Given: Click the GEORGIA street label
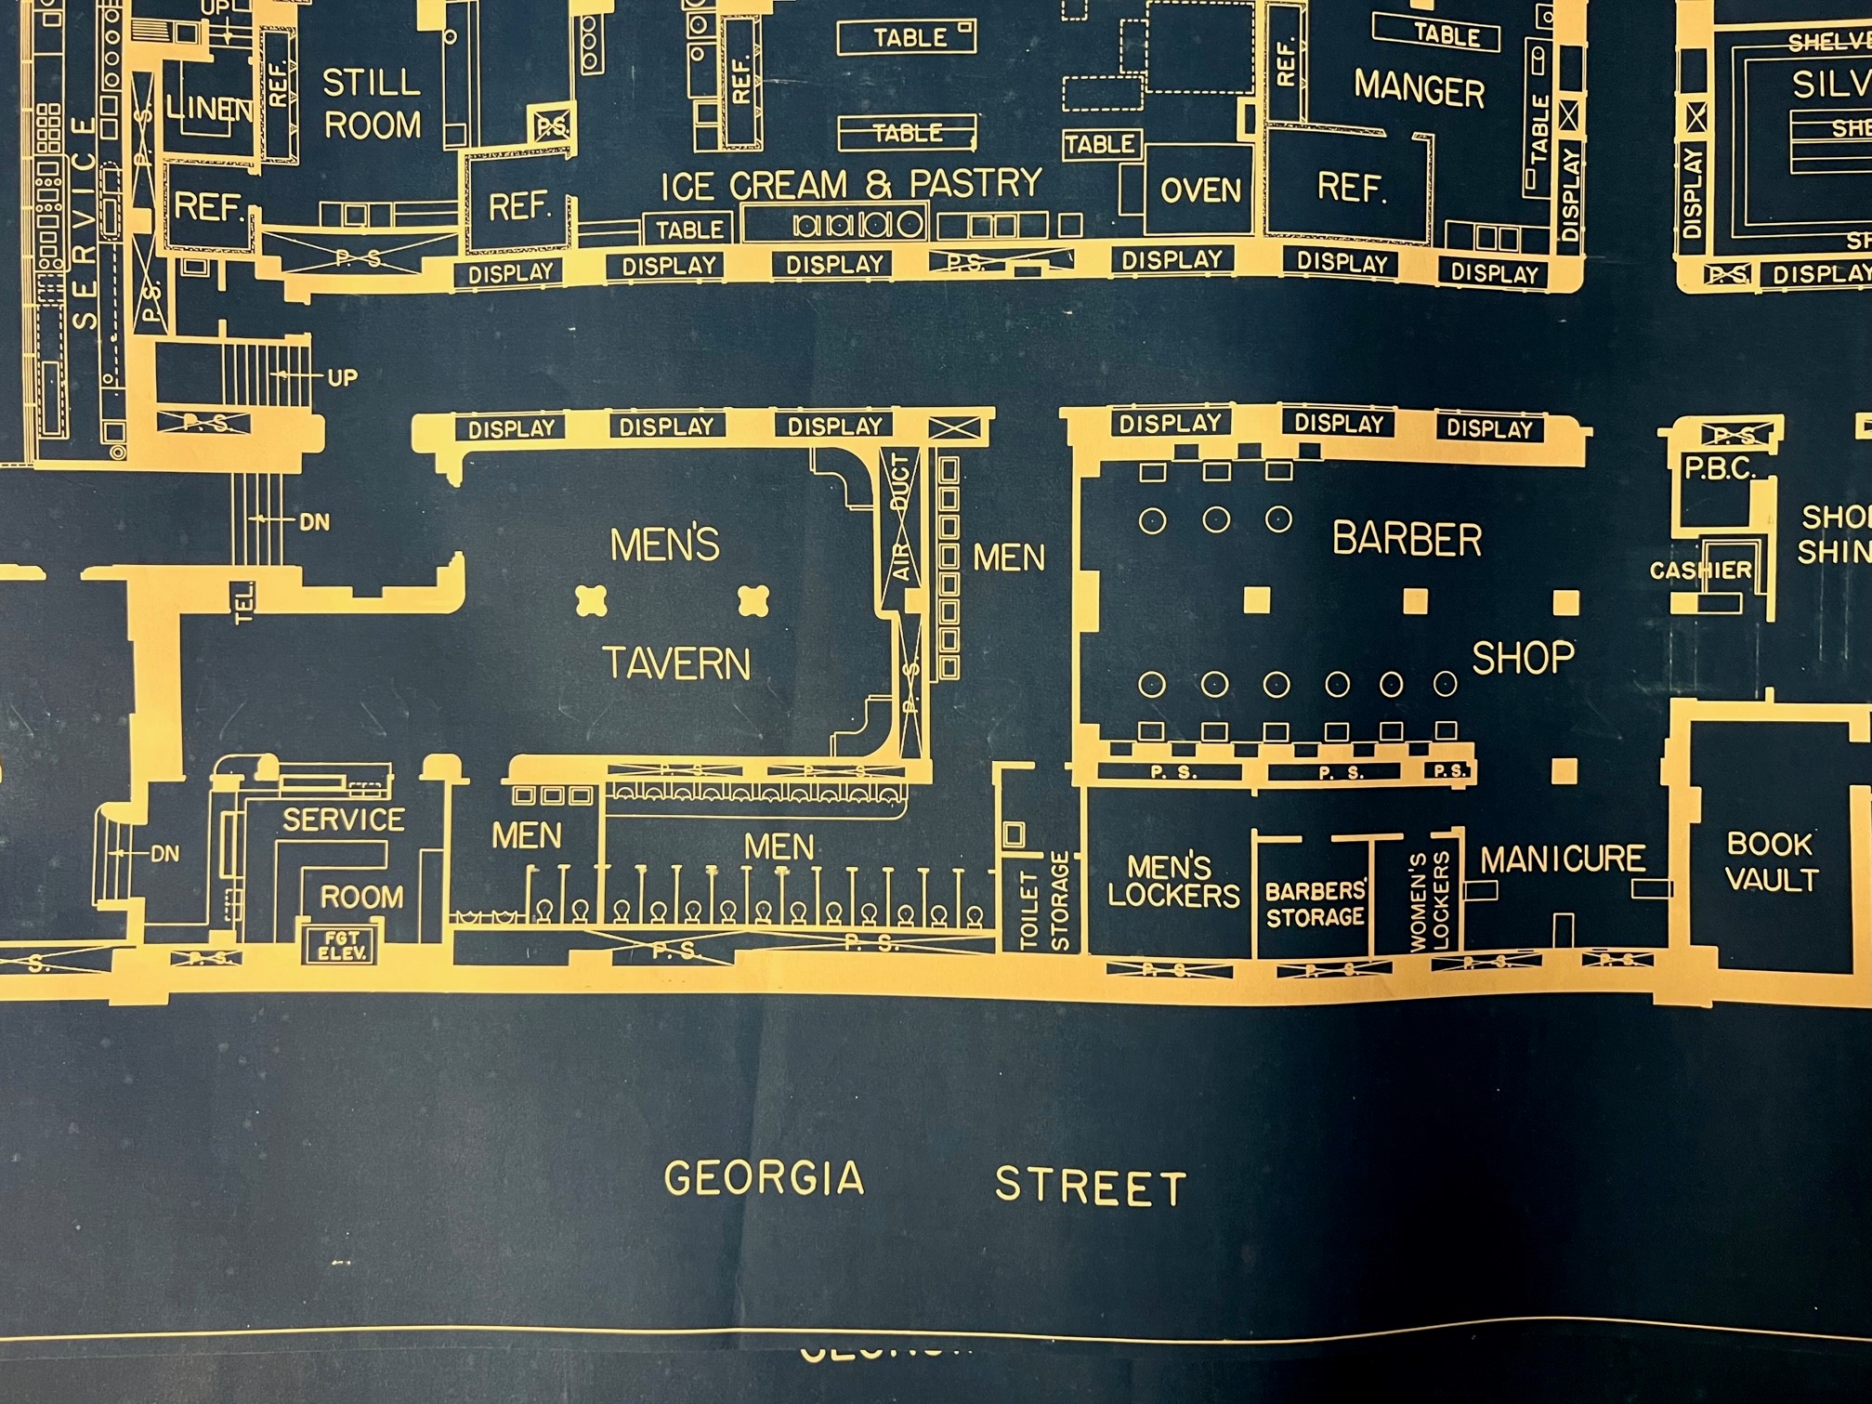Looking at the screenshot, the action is click(x=764, y=1179).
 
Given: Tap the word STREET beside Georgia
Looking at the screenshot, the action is click(x=1091, y=1187).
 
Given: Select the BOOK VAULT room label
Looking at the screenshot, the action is click(x=1771, y=861).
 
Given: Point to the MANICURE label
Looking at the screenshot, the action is click(x=1562, y=859).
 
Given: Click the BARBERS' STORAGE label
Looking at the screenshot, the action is click(x=1315, y=904).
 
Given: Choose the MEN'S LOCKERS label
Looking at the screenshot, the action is click(x=1172, y=881).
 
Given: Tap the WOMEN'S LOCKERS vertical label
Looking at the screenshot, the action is click(x=1429, y=902).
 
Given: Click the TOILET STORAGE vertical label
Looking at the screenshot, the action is click(x=1043, y=900).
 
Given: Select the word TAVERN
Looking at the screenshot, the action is click(x=676, y=663).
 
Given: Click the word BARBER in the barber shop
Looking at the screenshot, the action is click(x=1407, y=539).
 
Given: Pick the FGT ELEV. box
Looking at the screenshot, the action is click(x=341, y=945).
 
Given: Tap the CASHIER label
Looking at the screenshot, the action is click(x=1700, y=570).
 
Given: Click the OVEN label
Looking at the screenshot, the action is click(x=1200, y=190).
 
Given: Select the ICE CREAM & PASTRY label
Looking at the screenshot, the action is click(x=851, y=185).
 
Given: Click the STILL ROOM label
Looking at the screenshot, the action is click(x=372, y=104).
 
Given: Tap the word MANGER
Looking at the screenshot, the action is click(x=1419, y=88).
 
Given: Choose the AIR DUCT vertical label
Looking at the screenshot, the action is click(x=901, y=517).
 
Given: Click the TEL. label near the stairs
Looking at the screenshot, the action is click(x=244, y=602).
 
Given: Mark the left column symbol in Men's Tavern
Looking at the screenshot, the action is click(x=591, y=600).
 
